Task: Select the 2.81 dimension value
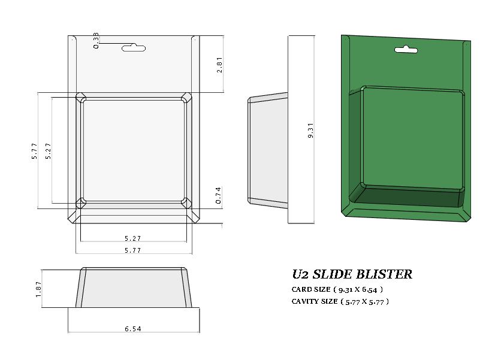click(219, 65)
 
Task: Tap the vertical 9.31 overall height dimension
click(310, 130)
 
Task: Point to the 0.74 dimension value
click(219, 196)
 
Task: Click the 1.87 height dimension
click(38, 289)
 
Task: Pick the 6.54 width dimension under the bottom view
click(133, 329)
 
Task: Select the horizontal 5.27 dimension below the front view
click(133, 238)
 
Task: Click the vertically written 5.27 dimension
click(49, 150)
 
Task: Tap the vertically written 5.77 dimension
click(34, 150)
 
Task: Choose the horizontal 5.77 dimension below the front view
click(133, 250)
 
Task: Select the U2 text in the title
click(300, 275)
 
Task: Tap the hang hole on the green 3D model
click(406, 50)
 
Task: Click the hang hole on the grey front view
click(134, 47)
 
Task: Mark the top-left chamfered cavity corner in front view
click(80, 97)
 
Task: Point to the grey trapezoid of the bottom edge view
click(133, 289)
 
